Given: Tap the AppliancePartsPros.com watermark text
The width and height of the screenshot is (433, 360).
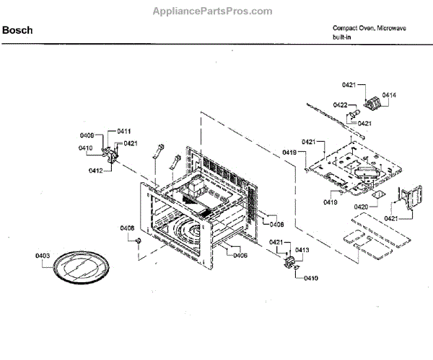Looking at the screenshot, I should (x=212, y=11).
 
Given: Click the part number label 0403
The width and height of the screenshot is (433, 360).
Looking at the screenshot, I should (x=42, y=256).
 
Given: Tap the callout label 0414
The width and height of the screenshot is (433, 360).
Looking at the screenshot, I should (x=389, y=95).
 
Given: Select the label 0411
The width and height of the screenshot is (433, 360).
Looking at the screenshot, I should (x=123, y=131).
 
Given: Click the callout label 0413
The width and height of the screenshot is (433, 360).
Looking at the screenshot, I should (x=302, y=250).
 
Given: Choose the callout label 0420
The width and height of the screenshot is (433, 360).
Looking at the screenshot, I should (x=362, y=207).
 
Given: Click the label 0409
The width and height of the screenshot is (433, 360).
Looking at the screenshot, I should (x=87, y=135).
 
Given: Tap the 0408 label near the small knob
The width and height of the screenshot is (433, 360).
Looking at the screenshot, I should (x=127, y=228).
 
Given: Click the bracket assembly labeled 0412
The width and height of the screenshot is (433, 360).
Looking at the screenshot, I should (x=111, y=156).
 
